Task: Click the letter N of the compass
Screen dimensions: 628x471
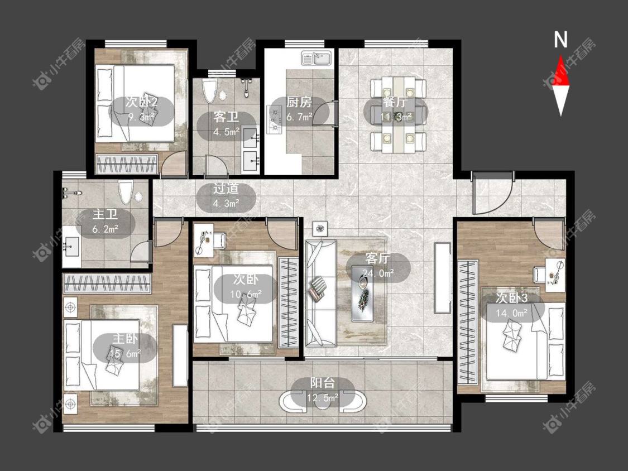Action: pyautogui.click(x=560, y=40)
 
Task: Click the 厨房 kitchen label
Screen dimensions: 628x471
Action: pyautogui.click(x=299, y=102)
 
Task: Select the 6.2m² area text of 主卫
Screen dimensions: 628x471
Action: pyautogui.click(x=105, y=229)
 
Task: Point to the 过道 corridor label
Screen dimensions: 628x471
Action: pyautogui.click(x=226, y=189)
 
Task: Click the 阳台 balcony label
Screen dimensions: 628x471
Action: pyautogui.click(x=323, y=383)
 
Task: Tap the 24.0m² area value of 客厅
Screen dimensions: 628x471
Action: pyautogui.click(x=378, y=273)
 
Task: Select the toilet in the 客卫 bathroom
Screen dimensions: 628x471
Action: pyautogui.click(x=209, y=92)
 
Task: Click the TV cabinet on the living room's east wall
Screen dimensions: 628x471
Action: pyautogui.click(x=442, y=277)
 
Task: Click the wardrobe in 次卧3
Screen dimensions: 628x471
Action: pyautogui.click(x=468, y=321)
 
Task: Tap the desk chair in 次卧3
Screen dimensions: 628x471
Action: pyautogui.click(x=539, y=276)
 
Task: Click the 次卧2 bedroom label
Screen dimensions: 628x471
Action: pyautogui.click(x=141, y=102)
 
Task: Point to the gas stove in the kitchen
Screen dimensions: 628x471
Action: pyautogui.click(x=275, y=119)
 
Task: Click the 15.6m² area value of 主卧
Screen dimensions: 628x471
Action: pyautogui.click(x=126, y=354)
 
